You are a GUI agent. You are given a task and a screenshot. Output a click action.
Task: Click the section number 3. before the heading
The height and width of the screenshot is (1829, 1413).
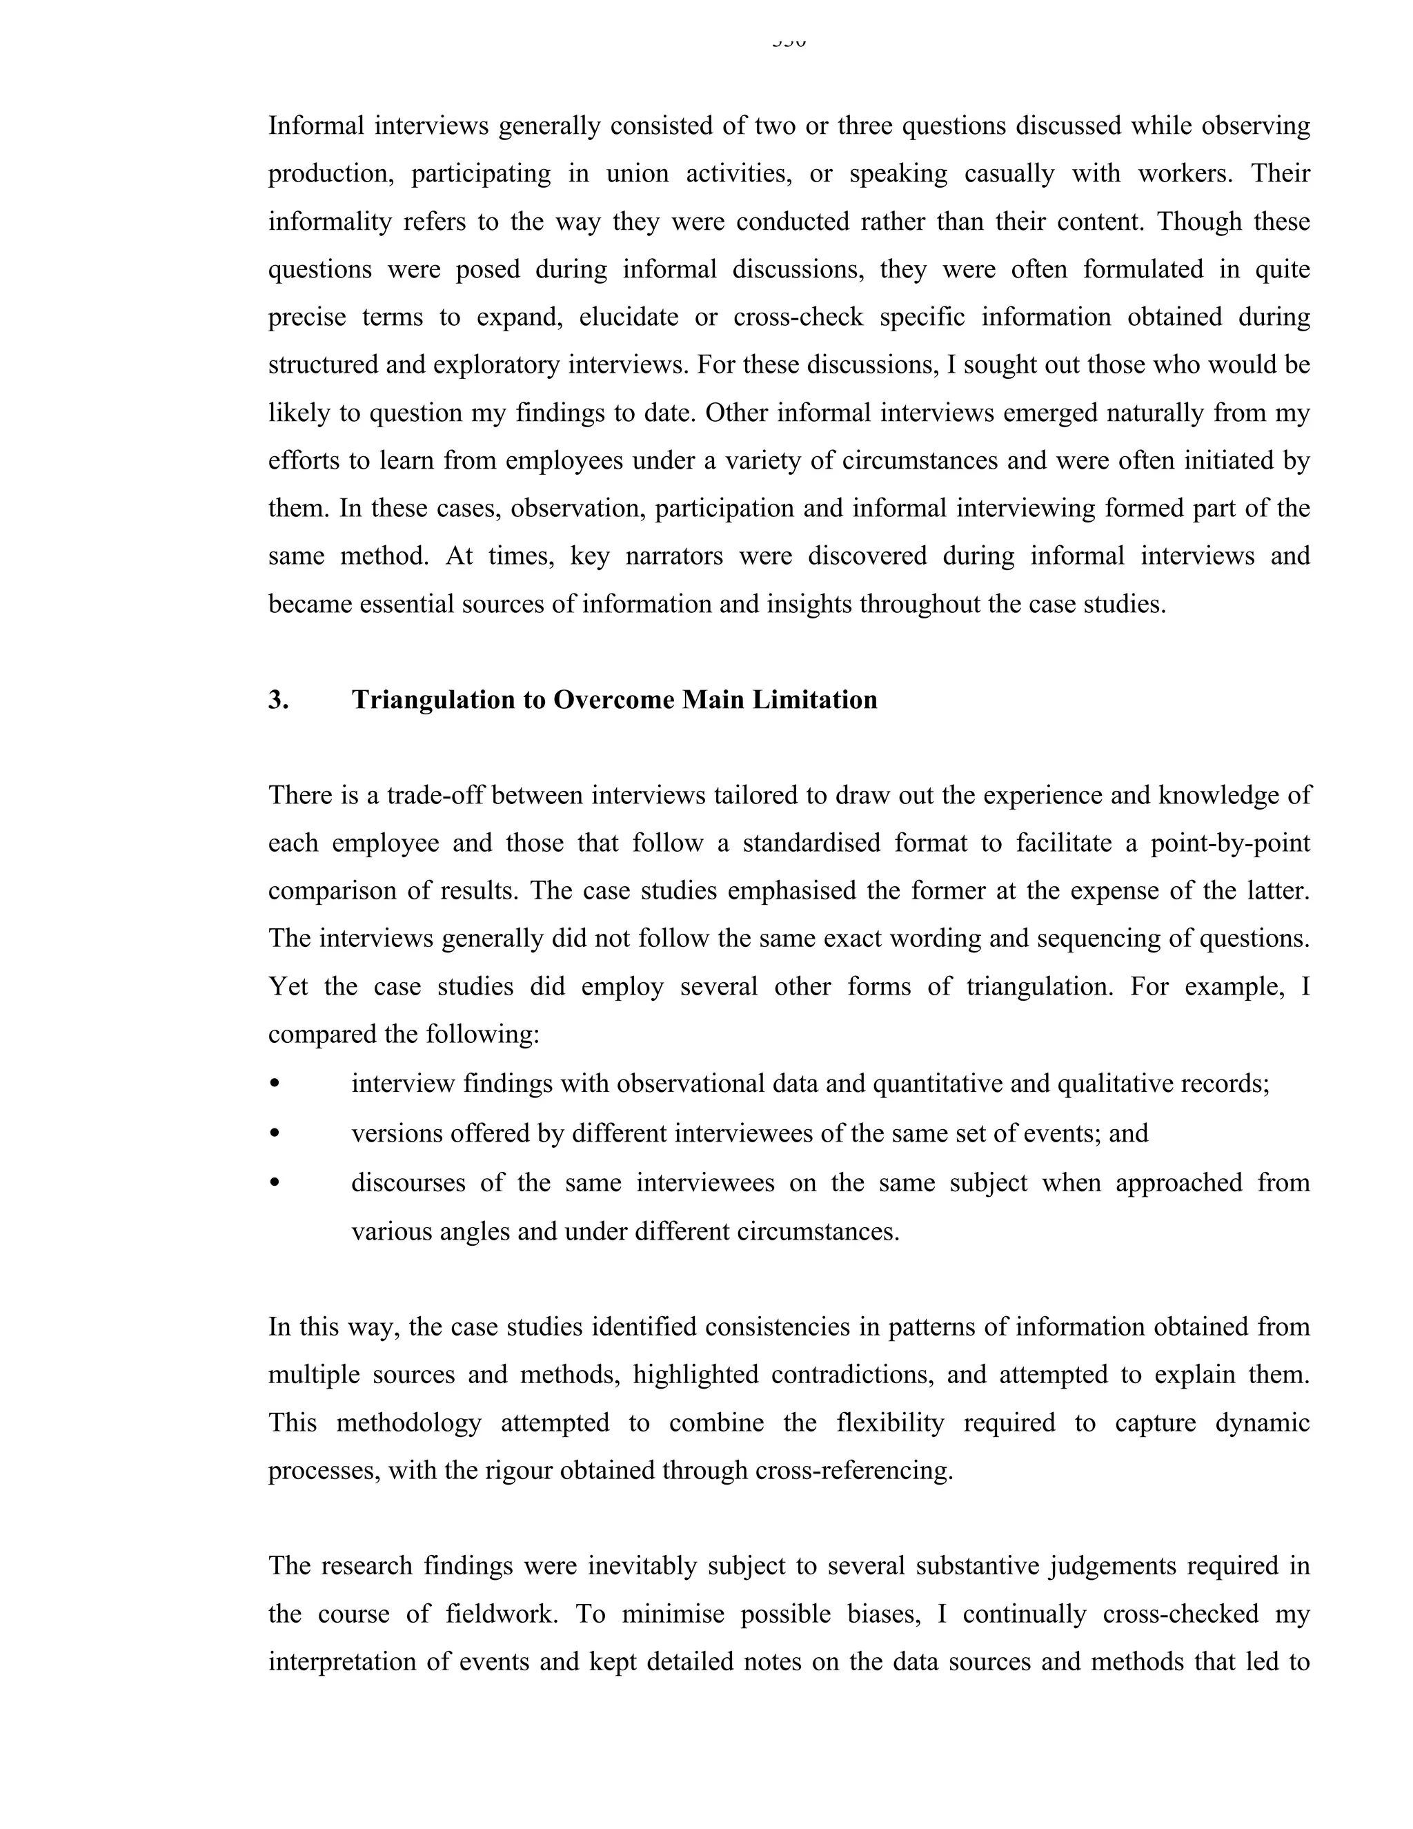278,700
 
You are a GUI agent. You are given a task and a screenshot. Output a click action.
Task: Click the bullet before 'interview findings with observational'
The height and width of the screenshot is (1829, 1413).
275,1084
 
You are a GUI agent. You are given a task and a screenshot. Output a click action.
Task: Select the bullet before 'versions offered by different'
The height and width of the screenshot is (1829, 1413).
275,1134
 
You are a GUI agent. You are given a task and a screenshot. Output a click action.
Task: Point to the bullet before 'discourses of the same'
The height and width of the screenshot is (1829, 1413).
275,1183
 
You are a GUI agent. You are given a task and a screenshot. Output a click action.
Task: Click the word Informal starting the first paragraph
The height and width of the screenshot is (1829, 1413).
317,126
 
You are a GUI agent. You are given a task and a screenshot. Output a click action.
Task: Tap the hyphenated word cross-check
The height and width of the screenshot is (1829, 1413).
798,317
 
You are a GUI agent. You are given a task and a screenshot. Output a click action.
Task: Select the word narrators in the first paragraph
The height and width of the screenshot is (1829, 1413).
674,556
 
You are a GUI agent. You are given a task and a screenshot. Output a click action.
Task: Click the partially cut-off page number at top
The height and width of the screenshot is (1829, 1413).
789,42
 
